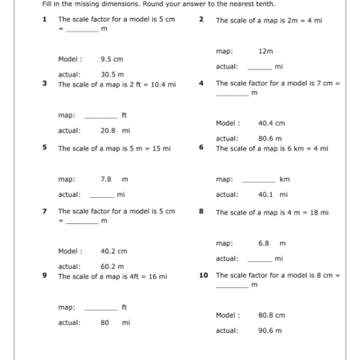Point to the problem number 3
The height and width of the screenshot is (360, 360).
(44, 83)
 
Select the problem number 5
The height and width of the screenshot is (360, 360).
(44, 147)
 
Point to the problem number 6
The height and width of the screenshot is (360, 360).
(202, 147)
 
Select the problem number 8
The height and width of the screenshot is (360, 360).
(202, 211)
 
